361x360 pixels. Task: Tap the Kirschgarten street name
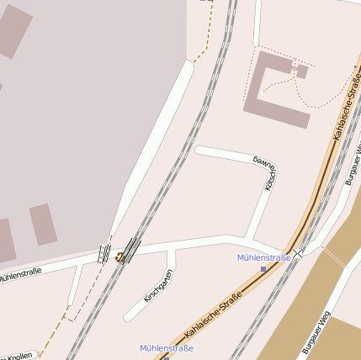click(x=158, y=284)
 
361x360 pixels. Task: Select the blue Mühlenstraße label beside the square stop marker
click(x=263, y=257)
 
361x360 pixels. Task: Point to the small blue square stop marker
click(x=263, y=269)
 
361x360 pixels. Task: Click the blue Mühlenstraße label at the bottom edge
click(x=167, y=347)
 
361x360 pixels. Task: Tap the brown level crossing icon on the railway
click(x=121, y=257)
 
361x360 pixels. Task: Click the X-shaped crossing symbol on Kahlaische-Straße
click(x=298, y=252)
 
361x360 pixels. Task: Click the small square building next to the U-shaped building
click(x=302, y=71)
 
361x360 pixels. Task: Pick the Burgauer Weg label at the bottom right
click(x=319, y=332)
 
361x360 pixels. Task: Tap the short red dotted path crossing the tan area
click(x=334, y=257)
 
